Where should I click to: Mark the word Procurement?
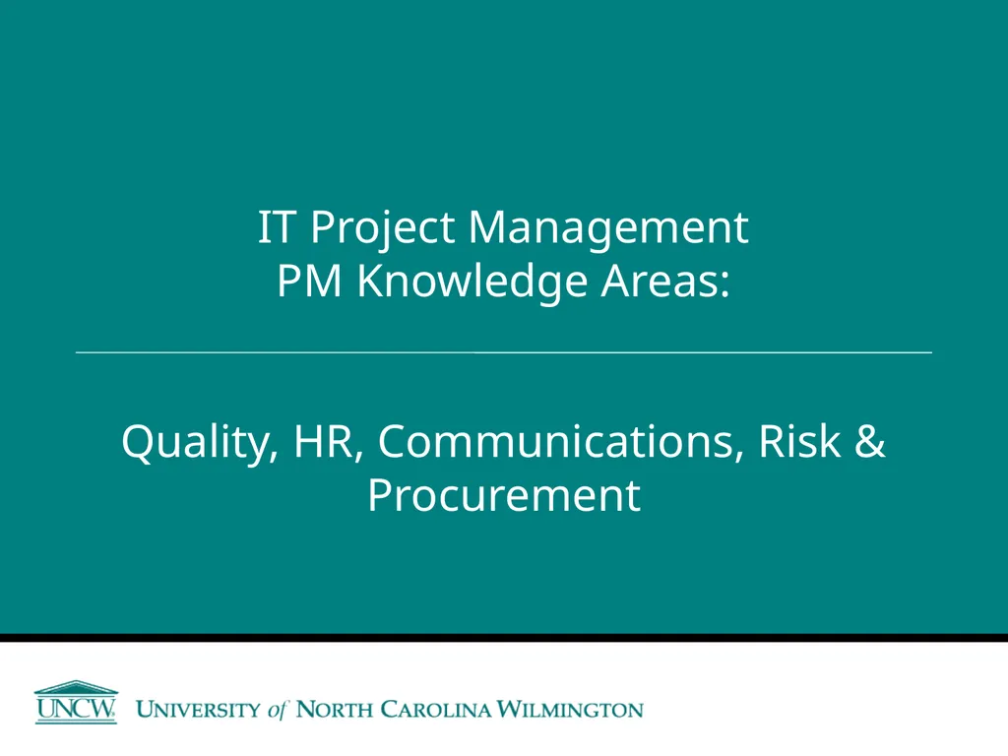click(503, 495)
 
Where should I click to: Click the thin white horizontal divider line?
click(503, 351)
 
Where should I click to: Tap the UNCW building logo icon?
click(76, 702)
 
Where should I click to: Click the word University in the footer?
click(198, 709)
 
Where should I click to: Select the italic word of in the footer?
click(279, 709)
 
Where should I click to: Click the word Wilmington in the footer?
click(571, 709)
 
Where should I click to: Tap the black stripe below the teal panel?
click(503, 638)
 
